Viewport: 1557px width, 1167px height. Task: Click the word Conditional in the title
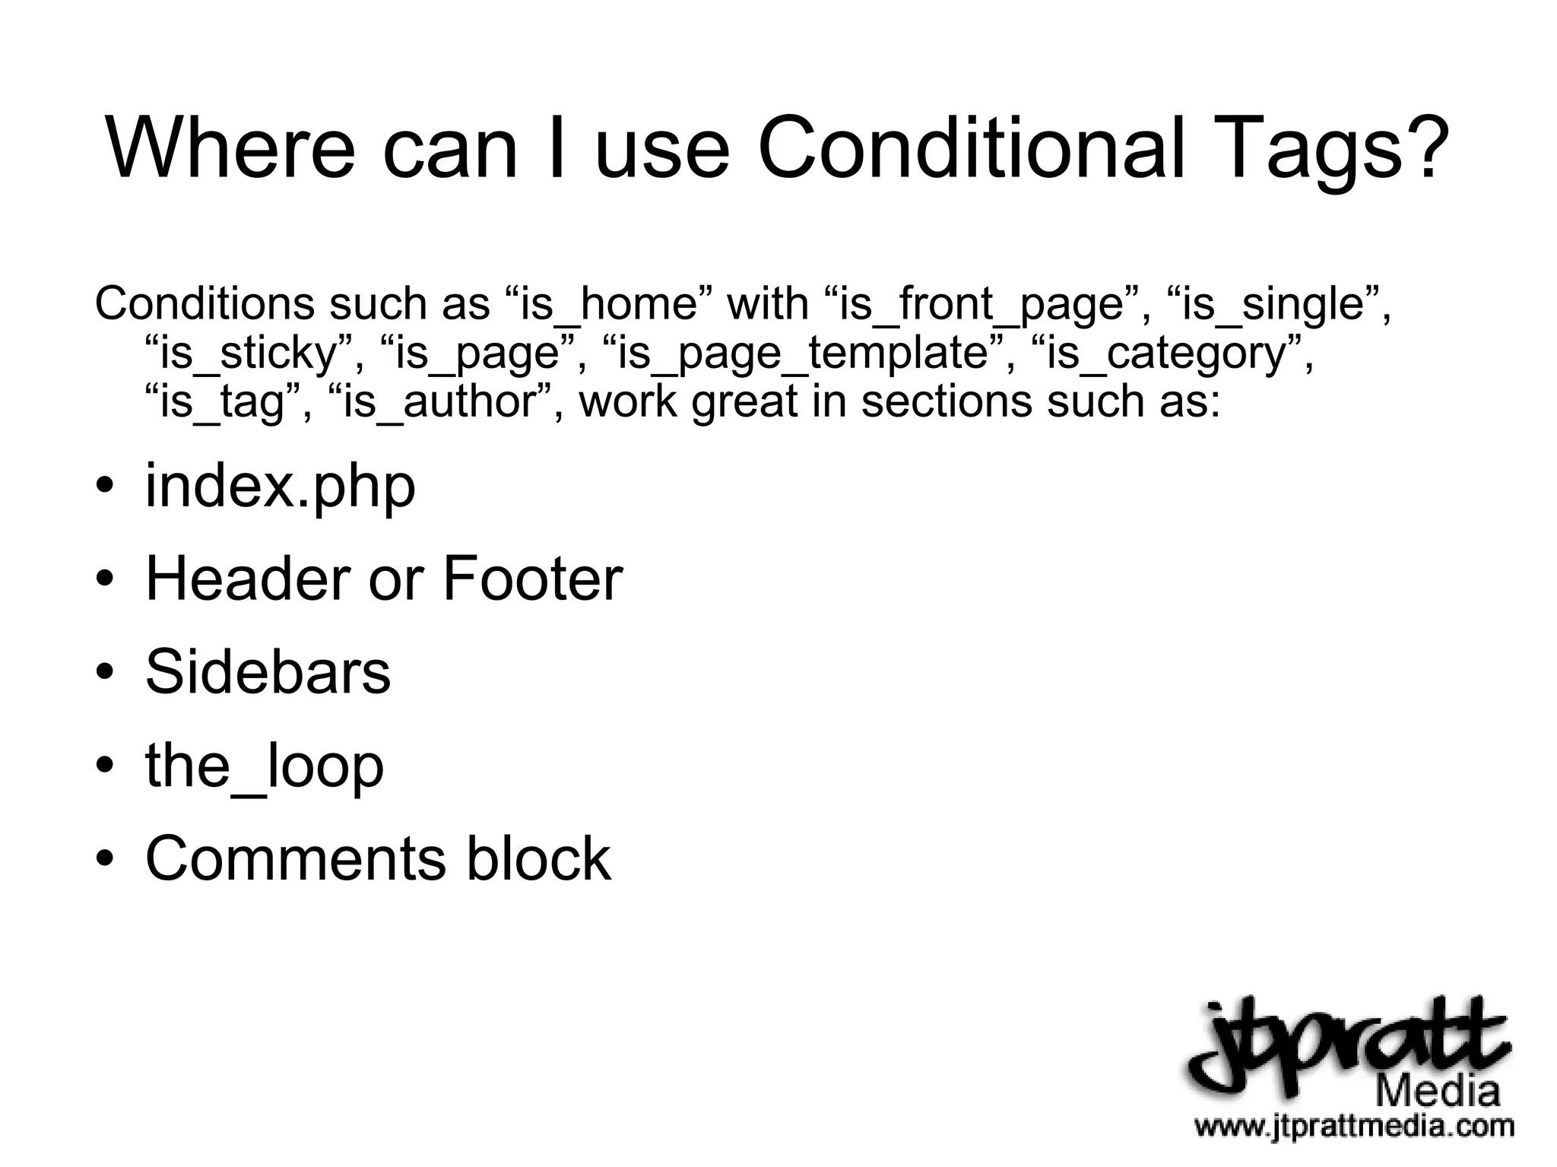(971, 147)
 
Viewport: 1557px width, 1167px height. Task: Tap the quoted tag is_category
(1166, 354)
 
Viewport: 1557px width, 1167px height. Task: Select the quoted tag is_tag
(221, 402)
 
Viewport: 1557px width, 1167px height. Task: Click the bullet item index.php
(280, 487)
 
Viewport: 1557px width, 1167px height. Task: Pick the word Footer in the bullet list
(532, 579)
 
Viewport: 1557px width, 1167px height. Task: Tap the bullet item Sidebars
(268, 672)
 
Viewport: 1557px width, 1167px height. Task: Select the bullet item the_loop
(265, 766)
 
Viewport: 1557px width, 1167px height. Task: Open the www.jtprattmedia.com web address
(1353, 1125)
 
